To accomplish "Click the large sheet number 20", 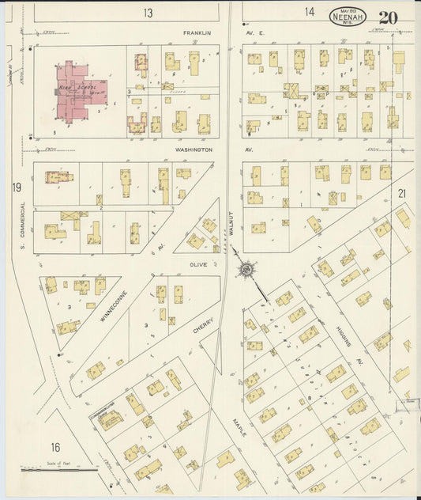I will tap(388, 17).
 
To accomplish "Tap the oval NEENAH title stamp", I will tap(348, 17).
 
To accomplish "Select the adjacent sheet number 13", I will tap(148, 13).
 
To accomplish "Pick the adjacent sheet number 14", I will tap(310, 12).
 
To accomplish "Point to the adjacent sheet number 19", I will tap(17, 187).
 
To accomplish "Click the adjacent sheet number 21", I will tap(401, 193).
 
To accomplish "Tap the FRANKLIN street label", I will tap(198, 33).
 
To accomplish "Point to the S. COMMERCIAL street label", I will tap(24, 224).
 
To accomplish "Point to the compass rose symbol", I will tap(246, 271).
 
